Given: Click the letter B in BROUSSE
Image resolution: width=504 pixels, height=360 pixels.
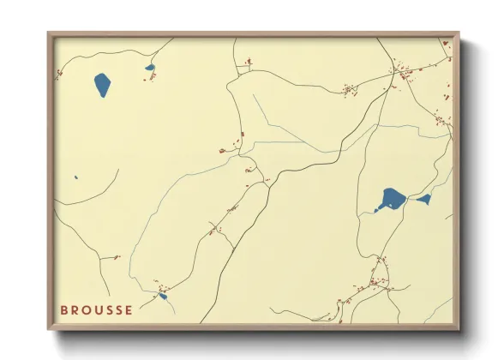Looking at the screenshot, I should [64, 310].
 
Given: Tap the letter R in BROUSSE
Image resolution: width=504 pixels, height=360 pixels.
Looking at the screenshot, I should [76, 310].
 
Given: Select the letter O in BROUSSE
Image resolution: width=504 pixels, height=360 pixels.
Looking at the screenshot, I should [89, 310].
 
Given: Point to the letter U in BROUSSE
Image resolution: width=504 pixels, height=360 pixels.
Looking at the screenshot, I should [102, 310].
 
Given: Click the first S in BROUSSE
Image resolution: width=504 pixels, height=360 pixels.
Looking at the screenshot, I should [114, 310].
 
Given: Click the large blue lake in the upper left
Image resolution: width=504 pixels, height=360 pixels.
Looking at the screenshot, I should [102, 85].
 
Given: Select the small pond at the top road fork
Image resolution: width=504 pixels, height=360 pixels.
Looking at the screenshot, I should [150, 68].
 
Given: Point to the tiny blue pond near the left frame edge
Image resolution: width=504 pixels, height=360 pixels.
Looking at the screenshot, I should [76, 178].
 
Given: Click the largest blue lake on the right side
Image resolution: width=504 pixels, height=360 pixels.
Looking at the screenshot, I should [392, 200].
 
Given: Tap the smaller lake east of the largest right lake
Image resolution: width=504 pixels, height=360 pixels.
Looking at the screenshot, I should [423, 200].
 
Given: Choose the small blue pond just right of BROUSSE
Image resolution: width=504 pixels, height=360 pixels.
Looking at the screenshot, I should [163, 297].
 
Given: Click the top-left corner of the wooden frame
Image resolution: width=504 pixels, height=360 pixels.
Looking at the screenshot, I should [49, 33].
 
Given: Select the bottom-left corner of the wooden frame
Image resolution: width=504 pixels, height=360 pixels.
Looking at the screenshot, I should [49, 329].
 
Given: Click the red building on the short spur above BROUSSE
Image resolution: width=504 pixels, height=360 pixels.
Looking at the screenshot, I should [116, 257].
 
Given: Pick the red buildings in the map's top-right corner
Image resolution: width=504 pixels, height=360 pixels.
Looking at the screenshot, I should [446, 43].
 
